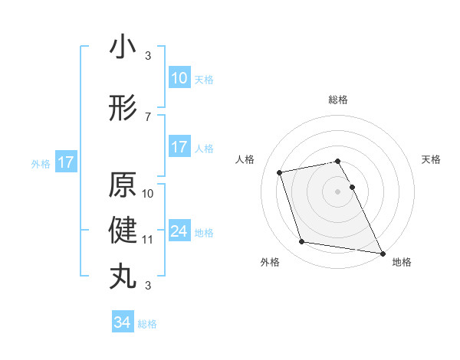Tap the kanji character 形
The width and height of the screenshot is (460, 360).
click(123, 108)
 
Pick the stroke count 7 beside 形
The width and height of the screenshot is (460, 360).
click(148, 116)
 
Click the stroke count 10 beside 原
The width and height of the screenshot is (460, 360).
click(148, 193)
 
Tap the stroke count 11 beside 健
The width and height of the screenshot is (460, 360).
click(148, 240)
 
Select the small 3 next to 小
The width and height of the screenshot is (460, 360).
click(148, 56)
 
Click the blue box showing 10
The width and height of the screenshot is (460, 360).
click(179, 78)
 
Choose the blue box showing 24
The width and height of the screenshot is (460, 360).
click(179, 231)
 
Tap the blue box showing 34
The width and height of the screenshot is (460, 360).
click(123, 323)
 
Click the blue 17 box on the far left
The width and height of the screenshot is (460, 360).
click(65, 162)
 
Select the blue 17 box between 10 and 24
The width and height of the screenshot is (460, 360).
click(179, 147)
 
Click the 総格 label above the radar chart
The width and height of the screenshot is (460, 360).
click(338, 100)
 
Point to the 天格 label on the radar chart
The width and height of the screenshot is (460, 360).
click(432, 159)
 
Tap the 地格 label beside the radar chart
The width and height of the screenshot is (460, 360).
click(402, 263)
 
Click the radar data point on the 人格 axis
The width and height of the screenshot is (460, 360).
click(280, 172)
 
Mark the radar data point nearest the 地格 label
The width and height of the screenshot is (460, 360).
click(383, 253)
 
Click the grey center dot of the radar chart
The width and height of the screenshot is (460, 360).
click(338, 191)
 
